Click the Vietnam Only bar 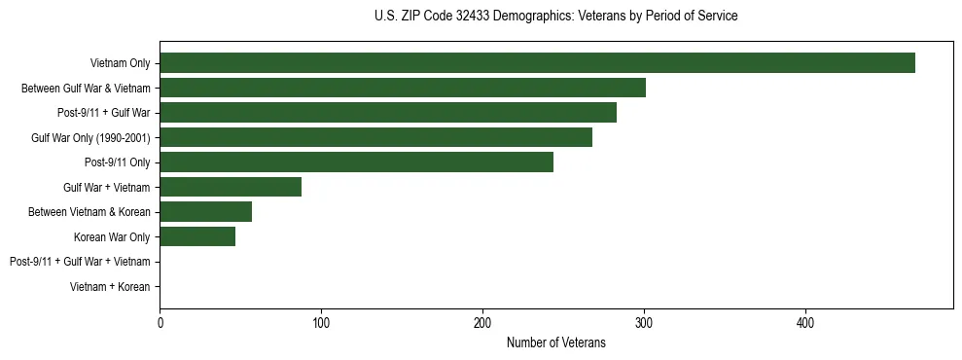pyautogui.click(x=537, y=63)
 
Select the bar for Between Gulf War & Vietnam pyautogui.click(x=403, y=89)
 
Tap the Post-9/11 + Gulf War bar pyautogui.click(x=388, y=113)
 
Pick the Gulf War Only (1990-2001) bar pyautogui.click(x=375, y=137)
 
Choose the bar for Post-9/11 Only pyautogui.click(x=356, y=162)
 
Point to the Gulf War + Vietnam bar pyautogui.click(x=231, y=187)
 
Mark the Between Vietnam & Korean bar pyautogui.click(x=205, y=211)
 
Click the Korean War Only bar pyautogui.click(x=197, y=236)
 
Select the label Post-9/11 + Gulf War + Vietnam pyautogui.click(x=80, y=262)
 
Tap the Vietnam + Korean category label pyautogui.click(x=110, y=287)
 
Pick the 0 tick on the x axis pyautogui.click(x=160, y=322)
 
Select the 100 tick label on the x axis pyautogui.click(x=321, y=322)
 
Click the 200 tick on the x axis pyautogui.click(x=482, y=322)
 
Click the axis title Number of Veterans pyautogui.click(x=555, y=342)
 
